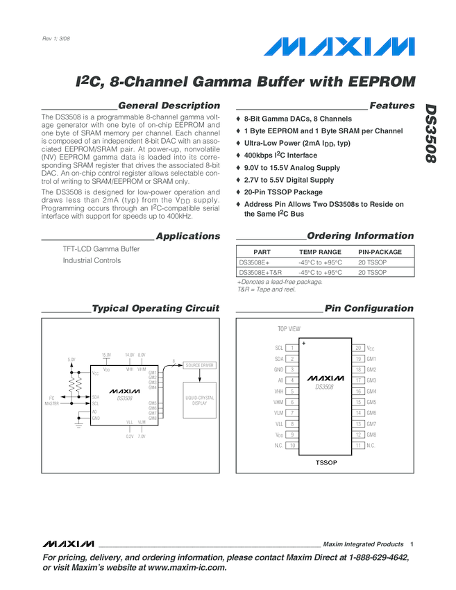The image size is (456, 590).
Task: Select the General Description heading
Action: (x=169, y=106)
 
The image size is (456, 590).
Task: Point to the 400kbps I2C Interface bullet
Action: (x=280, y=155)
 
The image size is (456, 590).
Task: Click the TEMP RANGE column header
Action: (x=320, y=253)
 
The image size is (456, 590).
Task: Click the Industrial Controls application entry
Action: (x=92, y=260)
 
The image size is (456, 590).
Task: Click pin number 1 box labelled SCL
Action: (x=292, y=347)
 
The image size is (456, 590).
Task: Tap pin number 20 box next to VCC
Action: (x=358, y=347)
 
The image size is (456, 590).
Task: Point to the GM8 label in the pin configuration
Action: (x=371, y=435)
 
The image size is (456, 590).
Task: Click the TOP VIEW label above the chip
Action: (x=289, y=328)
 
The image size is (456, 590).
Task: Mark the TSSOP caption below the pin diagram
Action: (x=326, y=462)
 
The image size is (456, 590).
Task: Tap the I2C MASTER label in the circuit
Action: (x=52, y=401)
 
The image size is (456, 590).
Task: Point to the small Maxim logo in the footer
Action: (x=67, y=543)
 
